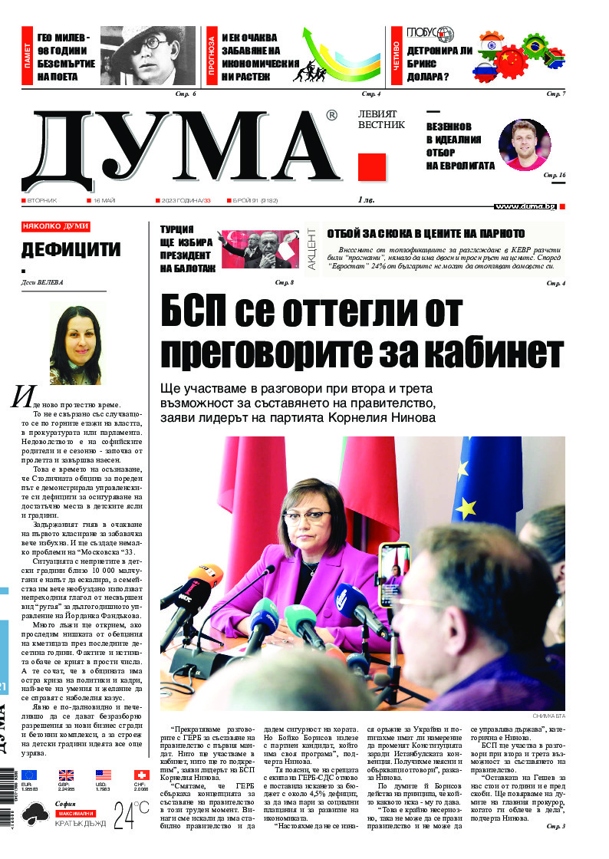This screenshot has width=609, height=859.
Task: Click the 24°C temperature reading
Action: pyautogui.click(x=131, y=816)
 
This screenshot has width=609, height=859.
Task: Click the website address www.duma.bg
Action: pyautogui.click(x=525, y=206)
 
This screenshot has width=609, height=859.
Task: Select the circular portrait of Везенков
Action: pyautogui.click(x=524, y=145)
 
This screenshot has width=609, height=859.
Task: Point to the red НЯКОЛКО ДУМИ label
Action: pyautogui.click(x=55, y=227)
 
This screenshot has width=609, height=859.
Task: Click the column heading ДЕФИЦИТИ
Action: pyautogui.click(x=71, y=249)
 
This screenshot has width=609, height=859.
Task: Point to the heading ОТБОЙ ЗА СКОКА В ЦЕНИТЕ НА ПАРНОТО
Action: pyautogui.click(x=426, y=234)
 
